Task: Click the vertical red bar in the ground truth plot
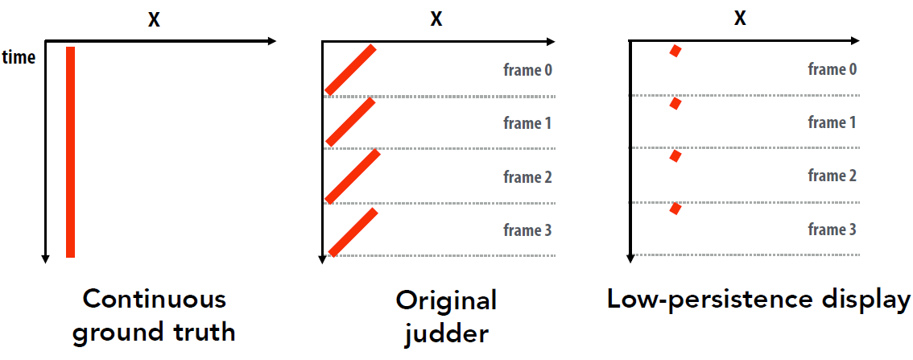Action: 71,151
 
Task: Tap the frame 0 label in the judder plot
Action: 527,71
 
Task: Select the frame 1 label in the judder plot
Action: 527,123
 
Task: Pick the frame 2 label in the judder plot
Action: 527,177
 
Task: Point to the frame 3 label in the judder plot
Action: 527,230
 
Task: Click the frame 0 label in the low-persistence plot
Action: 832,70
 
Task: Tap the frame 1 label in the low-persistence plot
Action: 832,123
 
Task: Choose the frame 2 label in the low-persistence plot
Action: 832,176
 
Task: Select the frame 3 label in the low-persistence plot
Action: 832,230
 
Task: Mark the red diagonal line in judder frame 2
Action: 353,176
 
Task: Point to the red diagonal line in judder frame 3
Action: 353,232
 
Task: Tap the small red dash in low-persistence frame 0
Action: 675,51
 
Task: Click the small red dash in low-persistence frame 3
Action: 675,208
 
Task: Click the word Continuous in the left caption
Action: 154,300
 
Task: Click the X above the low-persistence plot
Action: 740,18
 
